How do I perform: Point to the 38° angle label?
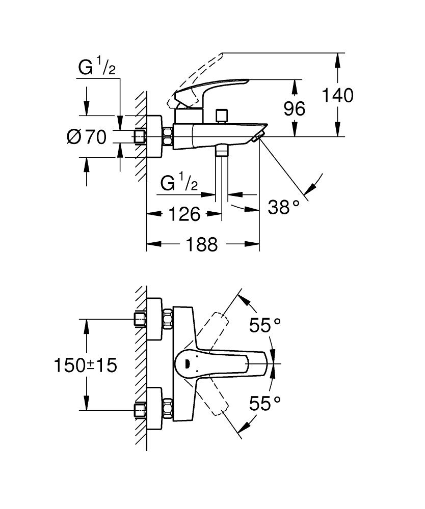coord(284,207)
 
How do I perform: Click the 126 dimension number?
coord(183,214)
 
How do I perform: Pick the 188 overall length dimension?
coord(201,244)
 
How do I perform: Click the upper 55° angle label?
coord(265,325)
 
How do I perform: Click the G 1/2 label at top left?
coord(97,68)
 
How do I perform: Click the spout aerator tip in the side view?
coord(259,135)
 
